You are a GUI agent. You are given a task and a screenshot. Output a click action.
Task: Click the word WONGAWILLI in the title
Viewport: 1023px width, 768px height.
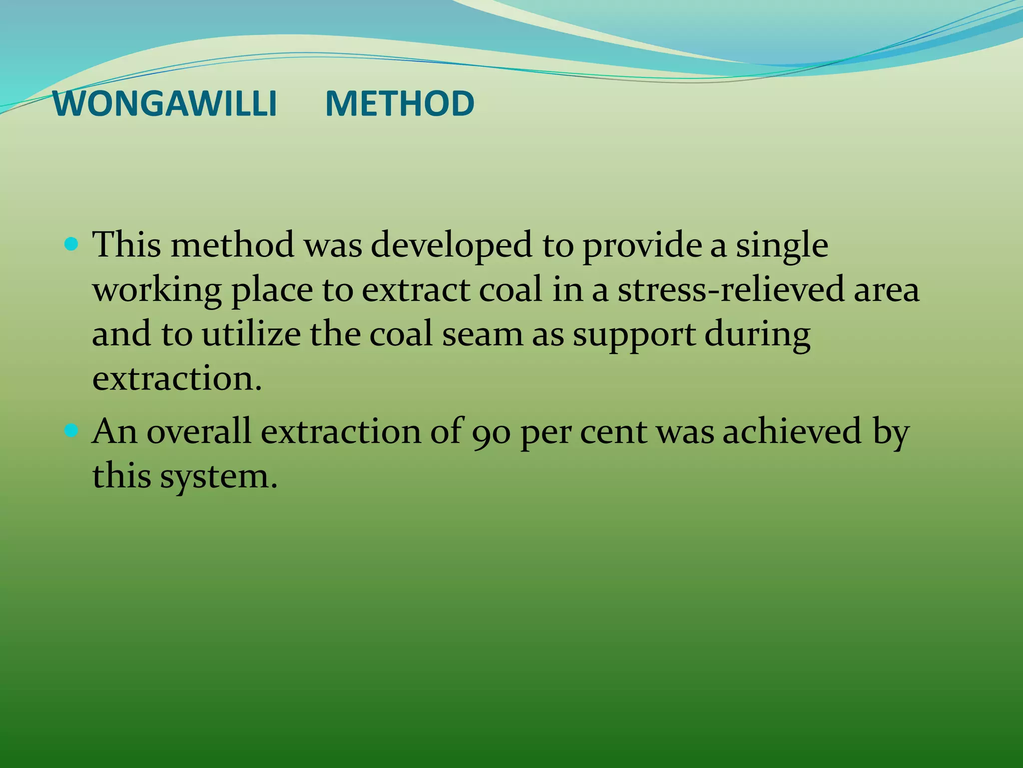164,104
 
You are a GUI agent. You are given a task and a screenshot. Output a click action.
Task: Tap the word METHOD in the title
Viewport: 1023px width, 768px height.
400,104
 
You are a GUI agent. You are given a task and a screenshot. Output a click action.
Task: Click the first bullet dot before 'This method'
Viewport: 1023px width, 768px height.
72,244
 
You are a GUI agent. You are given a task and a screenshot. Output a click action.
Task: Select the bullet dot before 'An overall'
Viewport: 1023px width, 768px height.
72,430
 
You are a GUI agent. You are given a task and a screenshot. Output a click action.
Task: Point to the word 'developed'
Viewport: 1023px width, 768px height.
451,246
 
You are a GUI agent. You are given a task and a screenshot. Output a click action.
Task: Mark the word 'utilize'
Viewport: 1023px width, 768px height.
251,334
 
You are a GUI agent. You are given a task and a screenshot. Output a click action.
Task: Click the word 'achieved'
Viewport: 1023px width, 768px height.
792,431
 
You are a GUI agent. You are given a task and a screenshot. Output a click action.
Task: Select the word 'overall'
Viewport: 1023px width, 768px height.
199,431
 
